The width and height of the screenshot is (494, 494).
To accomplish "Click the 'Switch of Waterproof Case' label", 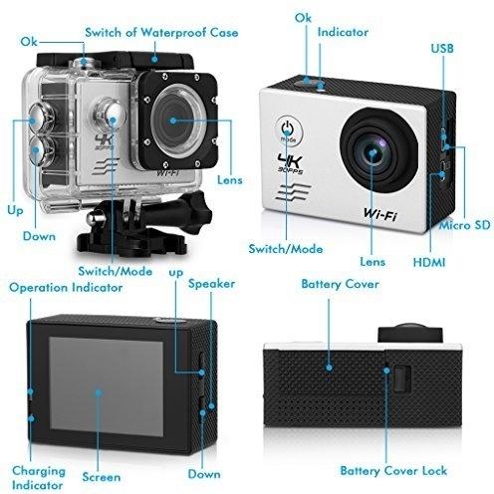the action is [161, 33].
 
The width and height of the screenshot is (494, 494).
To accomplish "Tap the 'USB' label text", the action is [442, 49].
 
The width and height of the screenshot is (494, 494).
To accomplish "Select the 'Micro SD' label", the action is [465, 225].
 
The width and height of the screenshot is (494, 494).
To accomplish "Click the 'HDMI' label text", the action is [429, 262].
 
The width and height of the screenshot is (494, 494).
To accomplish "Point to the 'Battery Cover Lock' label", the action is [393, 471].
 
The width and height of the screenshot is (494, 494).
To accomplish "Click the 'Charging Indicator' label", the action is [38, 478].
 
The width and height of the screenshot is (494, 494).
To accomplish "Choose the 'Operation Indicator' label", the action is [66, 288].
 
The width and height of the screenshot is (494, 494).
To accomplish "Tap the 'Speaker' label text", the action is [211, 284].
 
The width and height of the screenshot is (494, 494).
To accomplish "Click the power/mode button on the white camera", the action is [289, 130].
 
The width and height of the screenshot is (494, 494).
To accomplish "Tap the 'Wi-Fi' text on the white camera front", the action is [380, 214].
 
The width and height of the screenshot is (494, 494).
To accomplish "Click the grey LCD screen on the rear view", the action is [107, 386].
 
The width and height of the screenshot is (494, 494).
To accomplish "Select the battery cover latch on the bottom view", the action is [402, 378].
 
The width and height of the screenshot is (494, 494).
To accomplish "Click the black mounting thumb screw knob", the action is [197, 207].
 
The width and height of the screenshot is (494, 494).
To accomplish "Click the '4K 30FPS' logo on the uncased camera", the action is [291, 163].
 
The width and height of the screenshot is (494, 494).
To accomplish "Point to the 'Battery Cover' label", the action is [341, 284].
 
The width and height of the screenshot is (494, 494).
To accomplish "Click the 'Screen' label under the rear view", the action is [102, 477].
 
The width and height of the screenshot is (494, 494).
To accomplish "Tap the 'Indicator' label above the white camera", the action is [343, 32].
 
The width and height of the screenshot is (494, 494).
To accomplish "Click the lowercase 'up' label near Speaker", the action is [176, 273].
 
